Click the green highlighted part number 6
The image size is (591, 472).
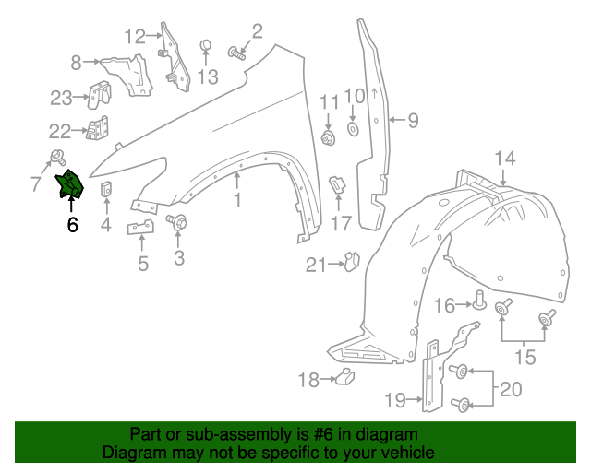pyautogui.click(x=70, y=185)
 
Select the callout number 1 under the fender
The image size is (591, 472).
pyautogui.click(x=236, y=199)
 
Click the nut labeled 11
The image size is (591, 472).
pyautogui.click(x=328, y=139)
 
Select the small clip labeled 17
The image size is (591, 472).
pyautogui.click(x=337, y=184)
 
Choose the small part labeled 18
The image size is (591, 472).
pyautogui.click(x=345, y=375)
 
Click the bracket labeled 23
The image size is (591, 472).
pyautogui.click(x=99, y=94)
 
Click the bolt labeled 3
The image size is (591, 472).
pyautogui.click(x=176, y=222)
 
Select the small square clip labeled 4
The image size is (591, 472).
pyautogui.click(x=106, y=191)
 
